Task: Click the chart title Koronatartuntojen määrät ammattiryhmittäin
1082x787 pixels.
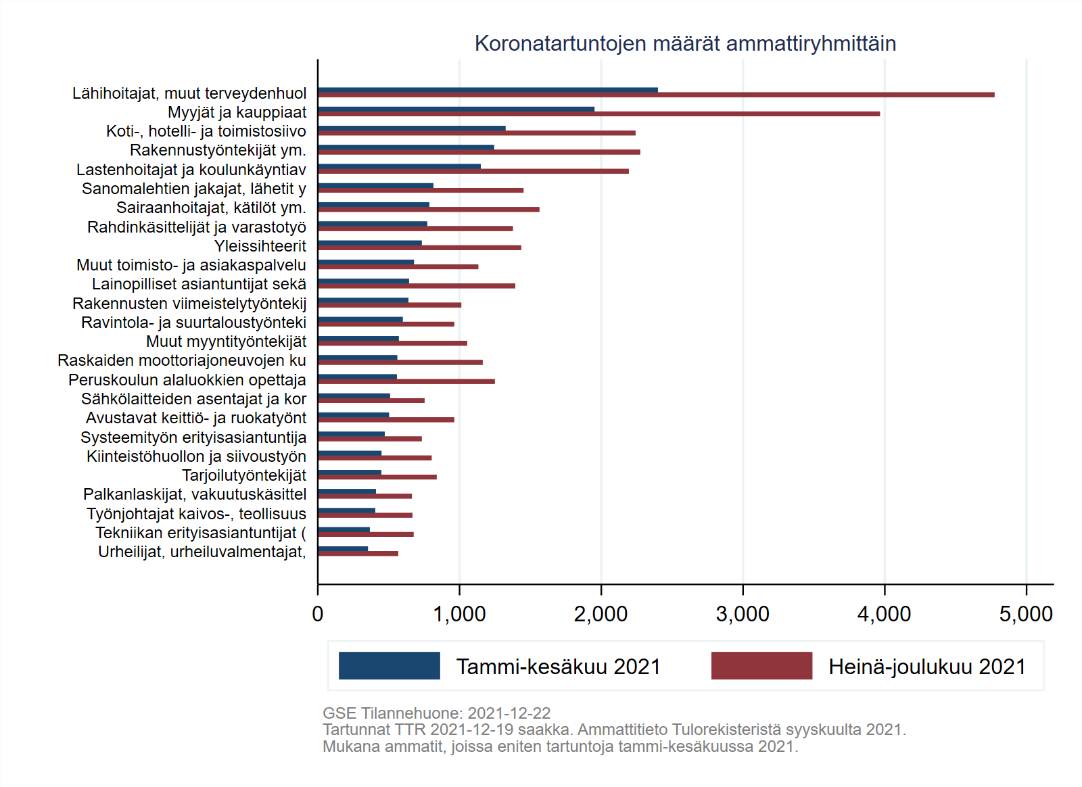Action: (x=685, y=43)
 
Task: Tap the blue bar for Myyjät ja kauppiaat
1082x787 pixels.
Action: (x=456, y=109)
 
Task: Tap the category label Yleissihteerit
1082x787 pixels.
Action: (x=260, y=246)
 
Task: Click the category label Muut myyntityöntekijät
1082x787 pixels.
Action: (x=226, y=341)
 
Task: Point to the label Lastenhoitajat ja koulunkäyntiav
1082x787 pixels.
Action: (x=191, y=170)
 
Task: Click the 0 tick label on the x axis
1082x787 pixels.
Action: (x=318, y=614)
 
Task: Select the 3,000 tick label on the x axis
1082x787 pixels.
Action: (x=743, y=614)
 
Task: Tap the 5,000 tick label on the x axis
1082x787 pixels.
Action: (x=1026, y=614)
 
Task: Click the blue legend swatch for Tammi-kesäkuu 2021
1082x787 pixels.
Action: (x=389, y=666)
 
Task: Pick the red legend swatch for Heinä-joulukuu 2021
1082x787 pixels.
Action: (x=761, y=666)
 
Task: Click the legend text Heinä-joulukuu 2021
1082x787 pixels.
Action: (x=927, y=667)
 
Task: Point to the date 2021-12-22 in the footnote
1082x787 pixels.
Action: (x=509, y=713)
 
